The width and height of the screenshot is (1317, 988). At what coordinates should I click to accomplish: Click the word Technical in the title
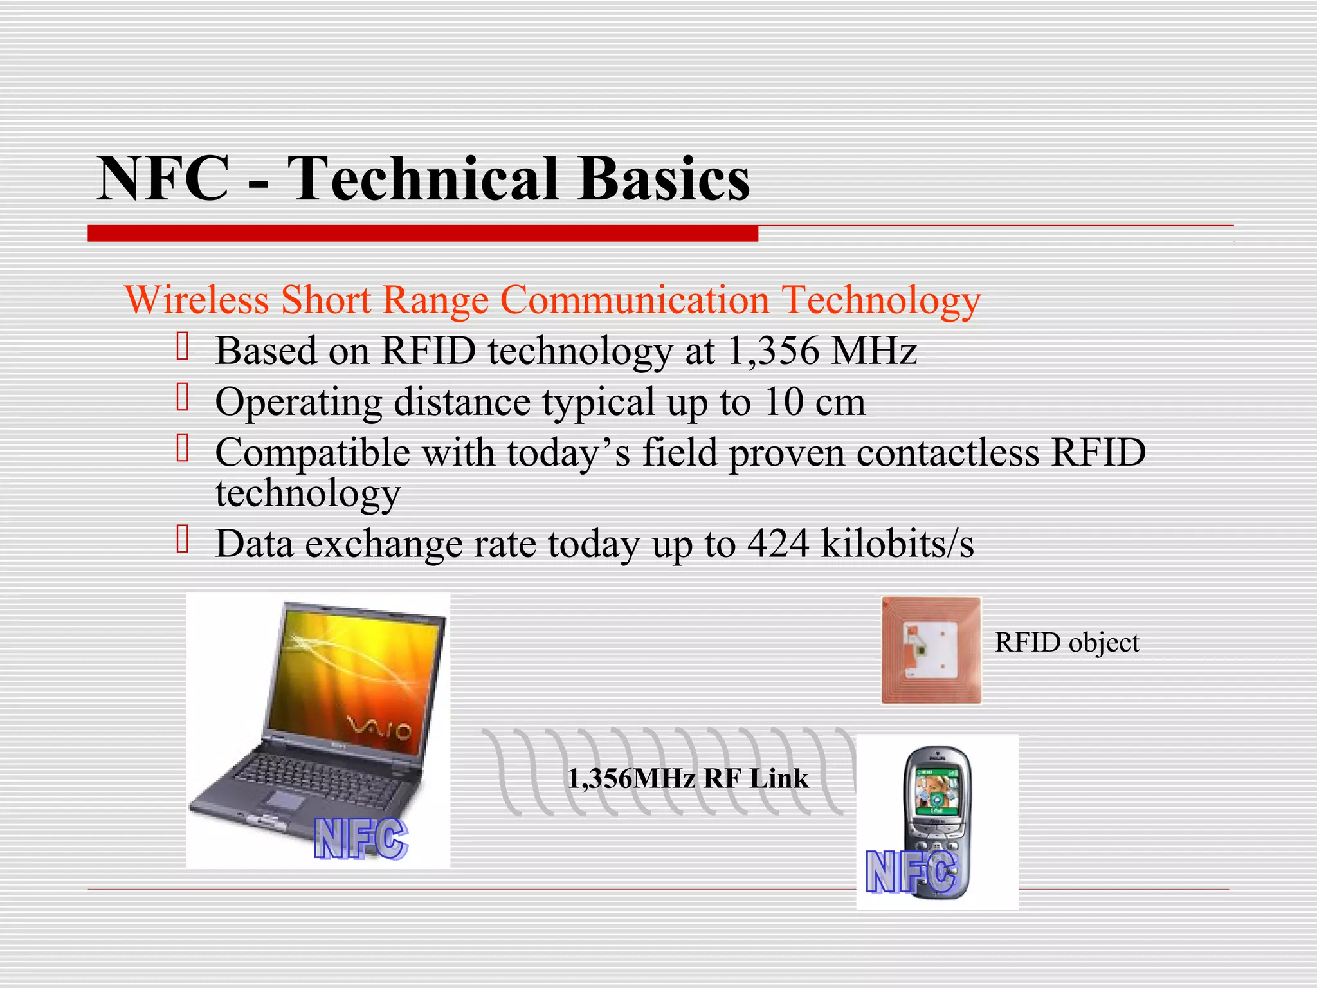click(423, 179)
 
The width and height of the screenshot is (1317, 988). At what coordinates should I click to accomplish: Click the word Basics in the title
click(664, 179)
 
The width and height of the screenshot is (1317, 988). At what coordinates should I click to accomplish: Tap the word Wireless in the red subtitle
click(197, 300)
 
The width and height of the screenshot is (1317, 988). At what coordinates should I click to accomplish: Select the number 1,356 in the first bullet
click(773, 351)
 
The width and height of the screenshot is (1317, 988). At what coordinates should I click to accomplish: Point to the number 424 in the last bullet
click(778, 544)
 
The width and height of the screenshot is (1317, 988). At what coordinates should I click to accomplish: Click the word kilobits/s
click(898, 544)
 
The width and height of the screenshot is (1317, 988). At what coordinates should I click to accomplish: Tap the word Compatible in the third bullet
click(313, 453)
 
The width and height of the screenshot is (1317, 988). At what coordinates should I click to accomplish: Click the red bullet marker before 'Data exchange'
click(183, 539)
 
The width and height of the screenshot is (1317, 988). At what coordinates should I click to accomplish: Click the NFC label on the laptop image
click(361, 839)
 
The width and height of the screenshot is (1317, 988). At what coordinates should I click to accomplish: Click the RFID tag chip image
click(931, 650)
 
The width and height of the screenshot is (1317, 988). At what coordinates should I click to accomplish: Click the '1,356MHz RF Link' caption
click(687, 779)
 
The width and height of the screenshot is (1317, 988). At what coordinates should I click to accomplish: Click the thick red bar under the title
click(422, 233)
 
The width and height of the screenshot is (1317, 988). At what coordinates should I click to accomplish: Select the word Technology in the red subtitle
click(881, 301)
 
